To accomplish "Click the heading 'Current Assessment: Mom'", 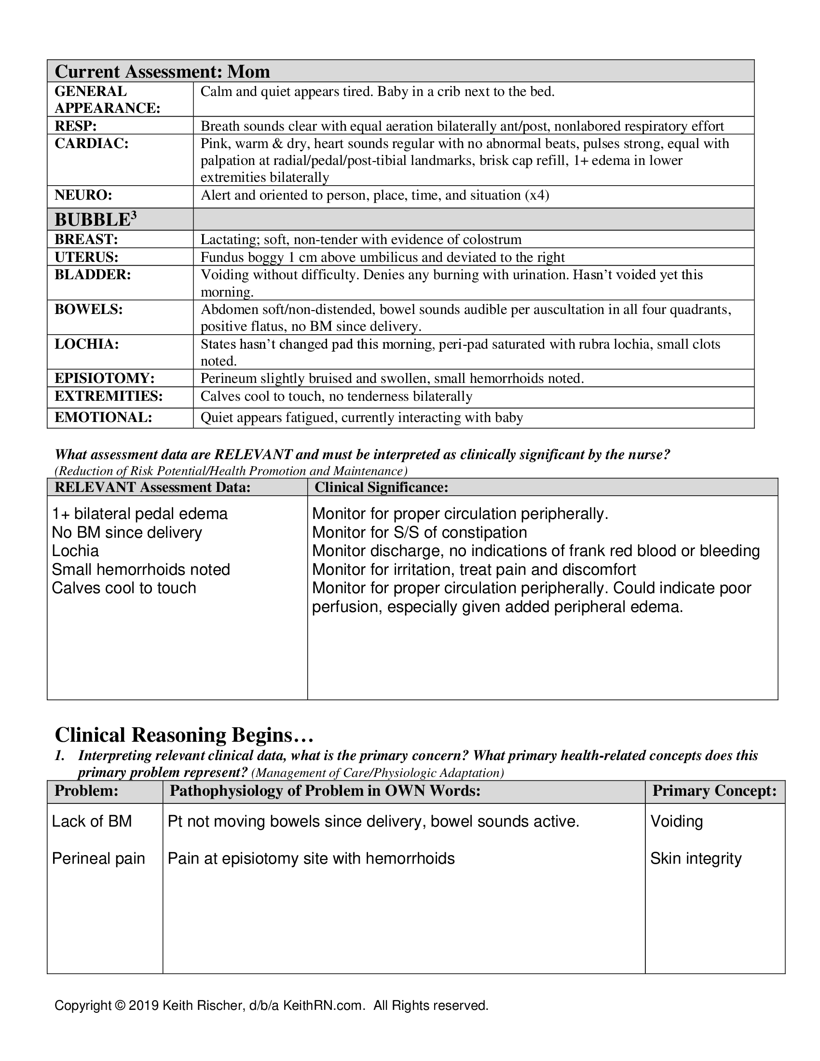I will tap(162, 71).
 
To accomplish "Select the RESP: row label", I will tap(76, 126).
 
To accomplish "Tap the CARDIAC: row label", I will tap(91, 143).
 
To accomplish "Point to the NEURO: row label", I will tap(83, 195).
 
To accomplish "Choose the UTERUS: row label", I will tap(86, 257).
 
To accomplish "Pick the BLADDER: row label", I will tap(93, 274).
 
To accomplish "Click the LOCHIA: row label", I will tap(86, 344).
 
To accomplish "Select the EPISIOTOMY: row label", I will tap(105, 378).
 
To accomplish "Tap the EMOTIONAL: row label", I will tap(103, 417).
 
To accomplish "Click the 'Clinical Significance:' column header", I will tap(382, 487).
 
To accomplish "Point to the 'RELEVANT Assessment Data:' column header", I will tap(152, 487).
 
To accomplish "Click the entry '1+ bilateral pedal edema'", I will tap(140, 514).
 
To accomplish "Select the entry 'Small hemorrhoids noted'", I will tap(141, 570).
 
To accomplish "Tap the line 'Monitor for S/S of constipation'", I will tap(419, 532).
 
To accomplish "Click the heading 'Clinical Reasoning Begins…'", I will tap(184, 735).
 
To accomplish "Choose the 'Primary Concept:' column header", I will tap(714, 790).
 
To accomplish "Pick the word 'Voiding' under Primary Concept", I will tap(677, 821).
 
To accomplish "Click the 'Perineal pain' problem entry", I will tap(98, 858).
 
